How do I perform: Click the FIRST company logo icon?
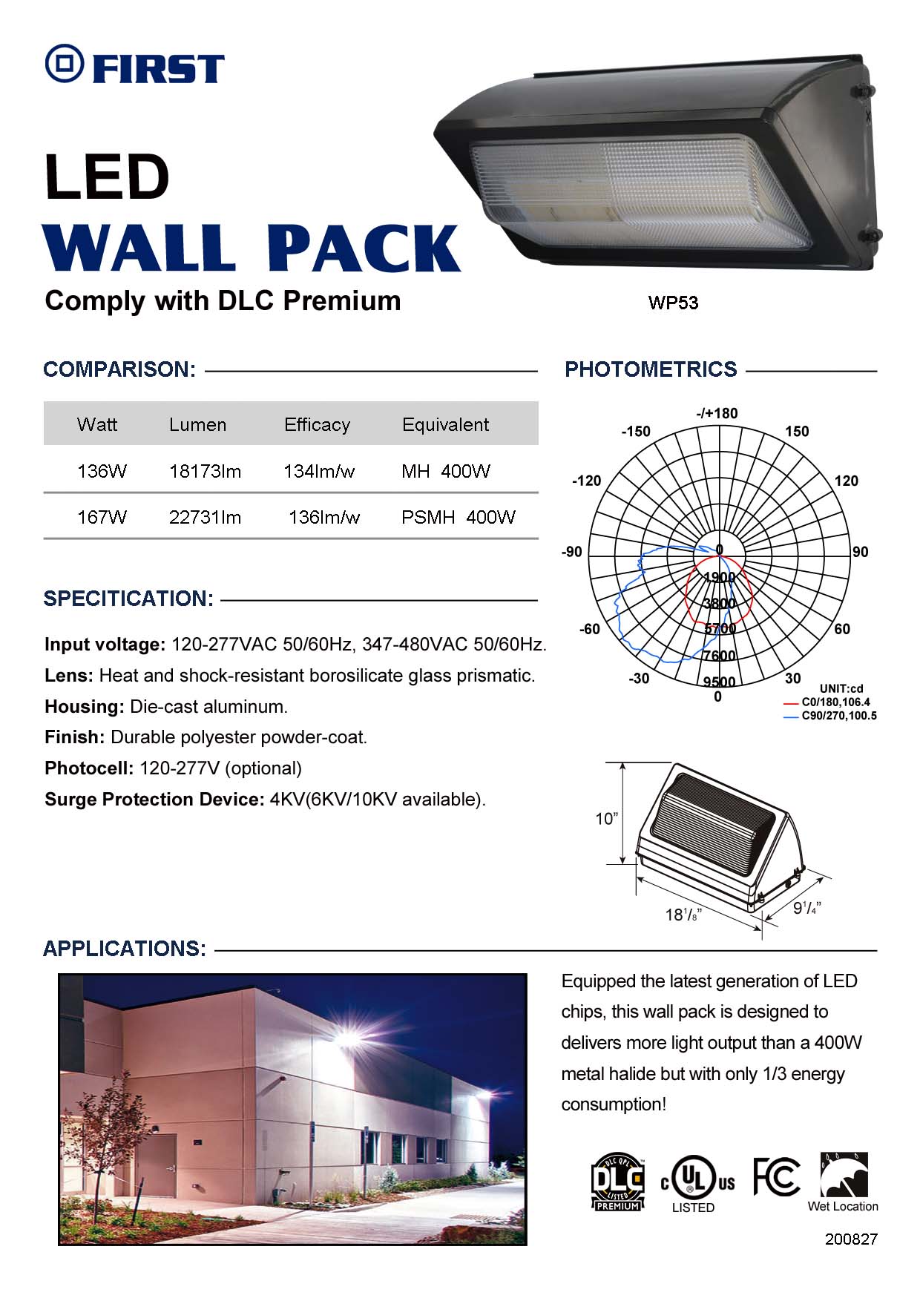point(65,64)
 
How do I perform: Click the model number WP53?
point(673,303)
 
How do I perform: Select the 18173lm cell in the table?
point(205,471)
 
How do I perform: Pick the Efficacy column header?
point(317,424)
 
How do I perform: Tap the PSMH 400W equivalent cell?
point(458,517)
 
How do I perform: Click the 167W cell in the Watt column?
point(102,517)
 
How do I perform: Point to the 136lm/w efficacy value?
point(323,517)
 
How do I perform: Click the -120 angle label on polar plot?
point(586,481)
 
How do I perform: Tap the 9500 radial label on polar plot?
point(719,682)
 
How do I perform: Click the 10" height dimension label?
point(606,818)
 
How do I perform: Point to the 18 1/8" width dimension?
point(683,915)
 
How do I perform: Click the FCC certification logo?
point(776,1177)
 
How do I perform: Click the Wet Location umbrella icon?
point(844,1175)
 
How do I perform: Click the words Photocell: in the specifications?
point(89,768)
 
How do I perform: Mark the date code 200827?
point(851,1239)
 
